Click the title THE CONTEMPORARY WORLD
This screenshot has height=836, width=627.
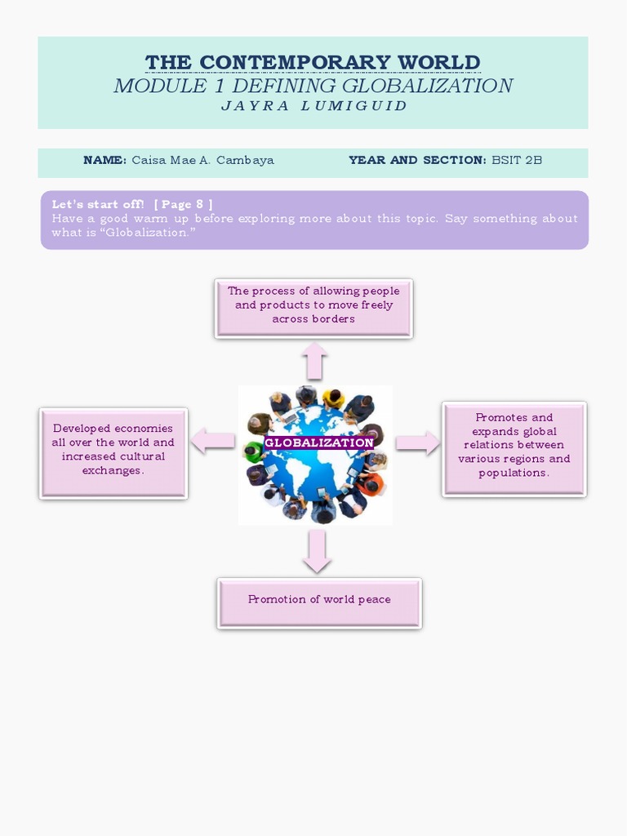click(313, 62)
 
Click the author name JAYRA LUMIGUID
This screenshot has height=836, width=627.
click(314, 106)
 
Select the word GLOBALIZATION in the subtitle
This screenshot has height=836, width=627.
click(427, 86)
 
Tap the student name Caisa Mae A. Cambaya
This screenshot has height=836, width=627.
click(202, 160)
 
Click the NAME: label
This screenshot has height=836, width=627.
click(104, 160)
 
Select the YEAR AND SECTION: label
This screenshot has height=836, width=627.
click(417, 160)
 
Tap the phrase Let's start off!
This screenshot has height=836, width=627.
click(98, 204)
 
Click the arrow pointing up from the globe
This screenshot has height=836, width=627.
click(314, 360)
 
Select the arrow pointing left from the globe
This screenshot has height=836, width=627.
click(212, 442)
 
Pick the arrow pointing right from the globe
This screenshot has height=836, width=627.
click(418, 442)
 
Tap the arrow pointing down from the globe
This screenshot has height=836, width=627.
click(317, 551)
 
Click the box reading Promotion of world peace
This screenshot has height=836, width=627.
click(319, 603)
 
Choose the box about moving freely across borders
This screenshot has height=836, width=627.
click(313, 308)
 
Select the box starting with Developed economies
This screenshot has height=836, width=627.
click(113, 453)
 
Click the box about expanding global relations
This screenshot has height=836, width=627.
click(514, 448)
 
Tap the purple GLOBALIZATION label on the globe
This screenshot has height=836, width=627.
click(319, 442)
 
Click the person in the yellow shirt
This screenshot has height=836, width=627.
click(332, 400)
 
